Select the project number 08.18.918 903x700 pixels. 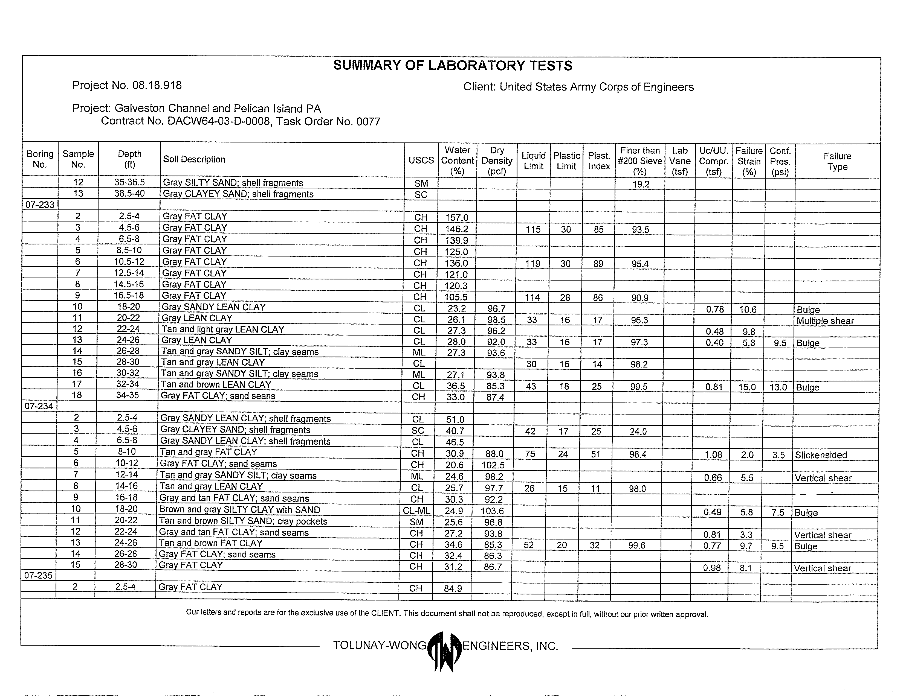coord(157,86)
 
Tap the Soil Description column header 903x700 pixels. coord(194,159)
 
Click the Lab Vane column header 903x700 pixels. coord(679,161)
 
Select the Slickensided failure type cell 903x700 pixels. coord(821,455)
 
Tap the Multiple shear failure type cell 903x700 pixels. coord(825,321)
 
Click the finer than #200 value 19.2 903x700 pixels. coord(641,184)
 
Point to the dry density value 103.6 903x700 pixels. coord(492,511)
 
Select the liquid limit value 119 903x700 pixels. coord(532,263)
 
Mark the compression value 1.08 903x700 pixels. coord(713,454)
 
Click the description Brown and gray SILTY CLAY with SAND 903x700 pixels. coord(239,510)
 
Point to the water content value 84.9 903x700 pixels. coord(453,588)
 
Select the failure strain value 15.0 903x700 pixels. coord(747,387)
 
